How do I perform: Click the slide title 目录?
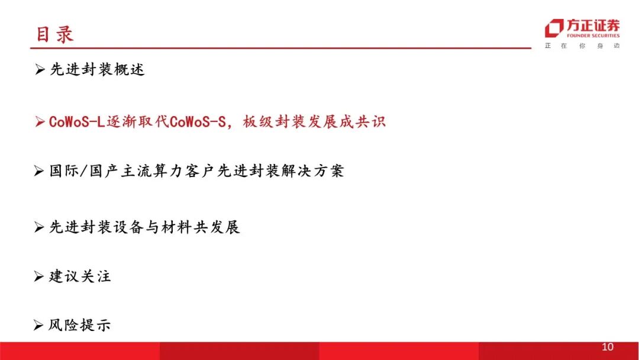(x=54, y=34)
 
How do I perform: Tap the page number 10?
(x=607, y=347)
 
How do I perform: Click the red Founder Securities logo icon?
(x=554, y=28)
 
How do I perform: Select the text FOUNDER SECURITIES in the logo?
(x=593, y=36)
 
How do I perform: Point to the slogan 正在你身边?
(x=582, y=46)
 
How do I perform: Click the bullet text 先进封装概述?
(x=97, y=69)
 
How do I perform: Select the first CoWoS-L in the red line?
(x=77, y=121)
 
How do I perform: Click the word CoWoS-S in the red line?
(x=198, y=121)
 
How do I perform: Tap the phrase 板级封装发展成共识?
(x=314, y=121)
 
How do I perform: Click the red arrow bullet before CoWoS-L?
(x=40, y=121)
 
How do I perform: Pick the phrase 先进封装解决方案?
(x=280, y=171)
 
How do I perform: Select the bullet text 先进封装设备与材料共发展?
(x=144, y=227)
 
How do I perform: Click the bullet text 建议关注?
(x=80, y=277)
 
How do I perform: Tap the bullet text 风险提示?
(x=80, y=325)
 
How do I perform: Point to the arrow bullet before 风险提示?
(x=38, y=325)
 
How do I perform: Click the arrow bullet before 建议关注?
(x=38, y=277)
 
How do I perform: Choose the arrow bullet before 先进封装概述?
(x=40, y=69)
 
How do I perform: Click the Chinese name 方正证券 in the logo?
(x=593, y=25)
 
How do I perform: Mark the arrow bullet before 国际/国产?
(x=38, y=171)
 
